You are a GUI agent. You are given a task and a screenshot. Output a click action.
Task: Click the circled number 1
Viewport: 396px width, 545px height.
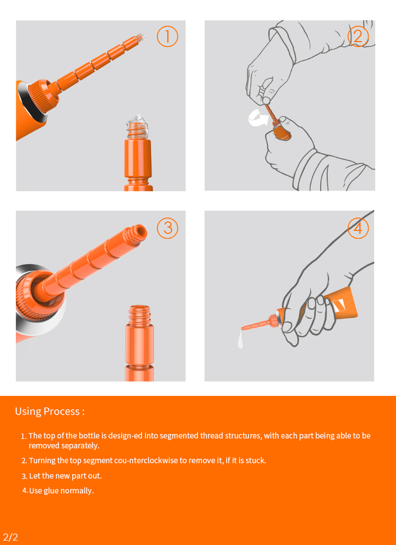167,36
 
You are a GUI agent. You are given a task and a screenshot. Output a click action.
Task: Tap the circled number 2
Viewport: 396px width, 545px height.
358,36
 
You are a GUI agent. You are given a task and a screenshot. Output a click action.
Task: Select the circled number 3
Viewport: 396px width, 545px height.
167,228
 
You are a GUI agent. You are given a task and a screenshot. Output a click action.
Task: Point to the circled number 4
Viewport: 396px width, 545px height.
358,228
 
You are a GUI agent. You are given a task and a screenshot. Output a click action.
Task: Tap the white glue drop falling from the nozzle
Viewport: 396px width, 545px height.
240,339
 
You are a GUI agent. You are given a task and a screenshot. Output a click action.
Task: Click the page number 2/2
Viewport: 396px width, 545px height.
10,537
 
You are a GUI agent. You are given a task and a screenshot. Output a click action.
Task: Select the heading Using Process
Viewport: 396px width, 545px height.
49,411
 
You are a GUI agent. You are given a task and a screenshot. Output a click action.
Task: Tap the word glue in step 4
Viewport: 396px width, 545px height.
51,491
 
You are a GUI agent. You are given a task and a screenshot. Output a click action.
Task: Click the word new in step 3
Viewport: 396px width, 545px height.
63,476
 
